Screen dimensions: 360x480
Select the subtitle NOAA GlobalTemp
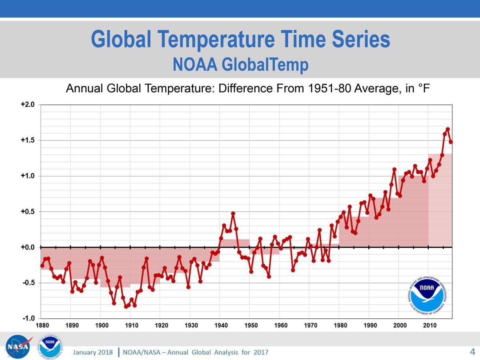coord(240,64)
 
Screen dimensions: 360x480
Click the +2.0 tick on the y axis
coord(28,105)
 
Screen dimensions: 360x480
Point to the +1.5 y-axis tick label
coord(28,140)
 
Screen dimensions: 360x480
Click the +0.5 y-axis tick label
coord(28,212)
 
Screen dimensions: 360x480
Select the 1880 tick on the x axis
coord(42,326)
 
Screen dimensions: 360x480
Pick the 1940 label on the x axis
coord(221,326)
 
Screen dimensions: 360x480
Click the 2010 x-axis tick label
coord(430,326)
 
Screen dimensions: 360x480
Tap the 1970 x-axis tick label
coord(311,326)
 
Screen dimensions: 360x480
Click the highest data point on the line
coord(448,129)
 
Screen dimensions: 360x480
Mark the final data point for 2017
coord(451,142)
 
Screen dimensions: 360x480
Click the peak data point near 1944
coord(233,214)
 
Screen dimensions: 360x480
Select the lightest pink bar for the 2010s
coord(440,200)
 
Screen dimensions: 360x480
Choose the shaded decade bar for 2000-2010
coord(413,212)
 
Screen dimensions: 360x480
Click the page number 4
coord(472,352)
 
